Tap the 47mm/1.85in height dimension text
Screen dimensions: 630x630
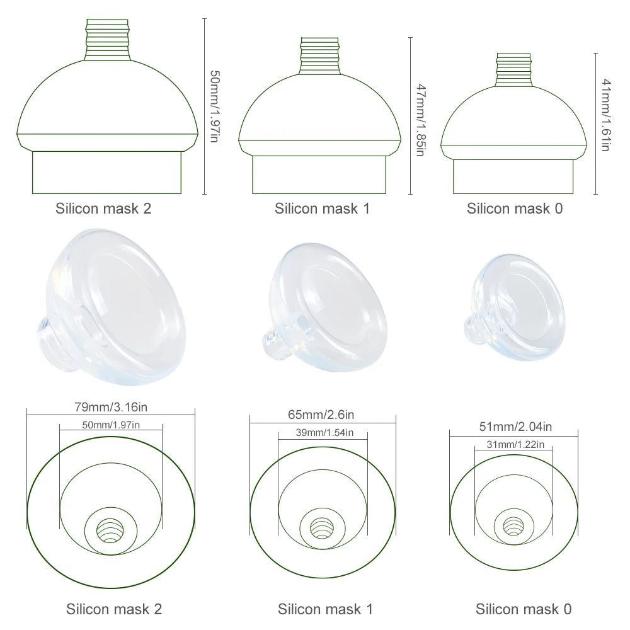coord(420,120)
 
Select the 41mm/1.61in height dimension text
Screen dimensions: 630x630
coord(605,115)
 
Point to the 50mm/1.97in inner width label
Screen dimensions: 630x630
coord(111,425)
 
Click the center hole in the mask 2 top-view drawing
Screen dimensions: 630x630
coord(111,530)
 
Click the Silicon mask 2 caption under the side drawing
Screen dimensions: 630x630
coord(103,209)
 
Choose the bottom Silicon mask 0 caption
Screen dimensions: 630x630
coord(524,609)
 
